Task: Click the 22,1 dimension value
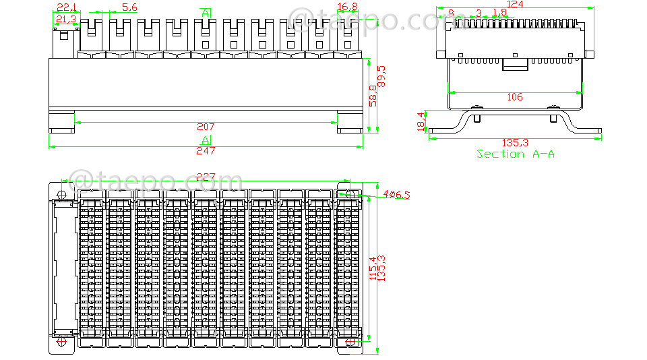coord(65,7)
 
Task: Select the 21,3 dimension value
coord(65,19)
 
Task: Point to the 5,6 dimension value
coord(129,7)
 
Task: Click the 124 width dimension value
coord(515,5)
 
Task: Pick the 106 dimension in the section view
coord(514,97)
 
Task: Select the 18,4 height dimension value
coord(422,122)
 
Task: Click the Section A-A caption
coord(515,154)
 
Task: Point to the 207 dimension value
coord(206,127)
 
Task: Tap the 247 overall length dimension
coord(206,151)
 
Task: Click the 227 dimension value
coord(206,177)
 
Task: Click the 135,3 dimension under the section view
coord(515,143)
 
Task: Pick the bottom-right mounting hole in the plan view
coord(350,342)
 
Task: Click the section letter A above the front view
coord(206,13)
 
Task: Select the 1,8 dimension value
coord(499,13)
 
